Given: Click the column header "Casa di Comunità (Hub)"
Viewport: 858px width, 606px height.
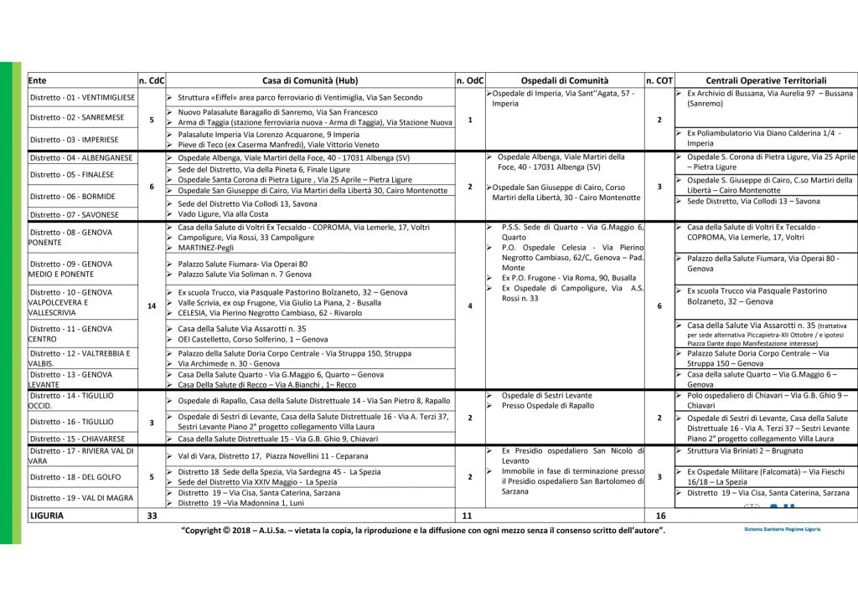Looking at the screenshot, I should pyautogui.click(x=309, y=80).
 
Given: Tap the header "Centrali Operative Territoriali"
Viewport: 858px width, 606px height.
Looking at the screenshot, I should pyautogui.click(x=766, y=80).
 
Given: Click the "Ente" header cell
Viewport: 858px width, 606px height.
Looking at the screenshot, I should pyautogui.click(x=38, y=80).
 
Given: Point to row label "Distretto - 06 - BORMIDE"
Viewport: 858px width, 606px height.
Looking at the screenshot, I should pyautogui.click(x=72, y=197).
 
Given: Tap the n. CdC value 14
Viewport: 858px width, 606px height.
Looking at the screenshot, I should pyautogui.click(x=152, y=306).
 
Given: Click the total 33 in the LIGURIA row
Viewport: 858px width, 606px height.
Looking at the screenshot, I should pyautogui.click(x=152, y=516).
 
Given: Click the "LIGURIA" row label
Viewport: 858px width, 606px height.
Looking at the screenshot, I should pyautogui.click(x=46, y=516).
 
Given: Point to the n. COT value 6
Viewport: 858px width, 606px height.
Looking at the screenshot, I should pyautogui.click(x=659, y=306).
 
